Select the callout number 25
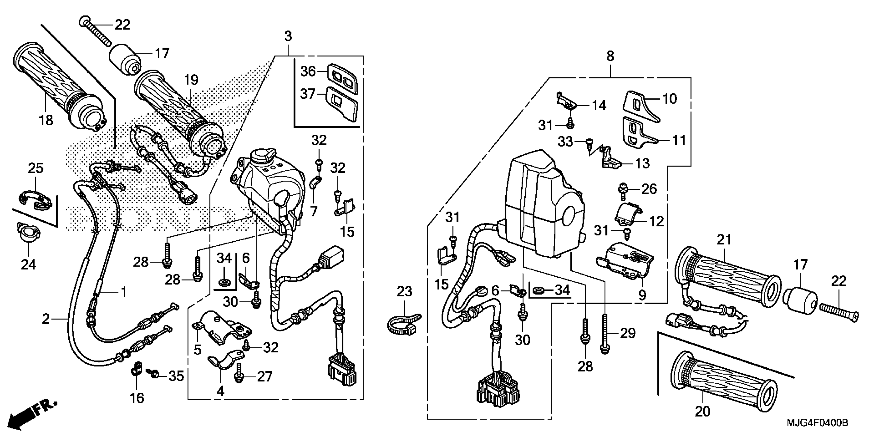[36, 168]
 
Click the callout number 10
[669, 99]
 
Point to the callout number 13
[642, 163]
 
